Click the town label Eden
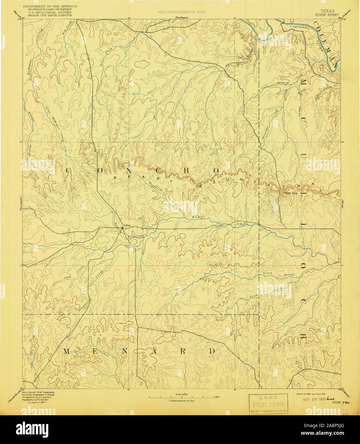(x=128, y=226)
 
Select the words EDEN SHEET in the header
(x=327, y=15)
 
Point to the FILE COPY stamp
(x=268, y=404)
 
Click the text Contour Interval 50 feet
(x=182, y=400)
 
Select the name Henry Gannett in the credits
(x=30, y=392)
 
